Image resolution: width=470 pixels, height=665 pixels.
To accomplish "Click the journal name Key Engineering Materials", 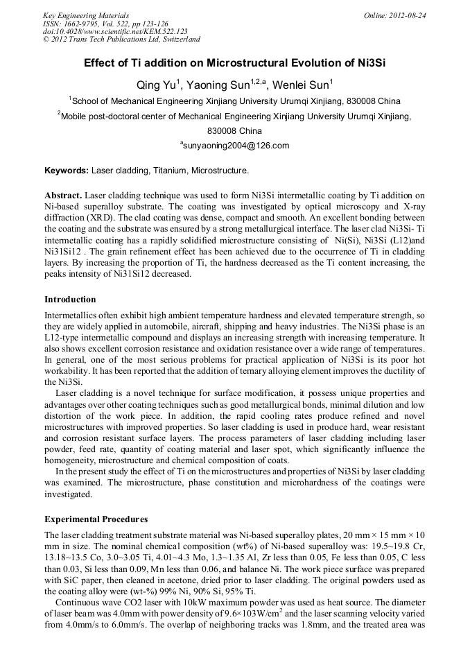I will click(x=86, y=15).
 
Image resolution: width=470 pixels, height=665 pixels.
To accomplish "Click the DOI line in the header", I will click(x=115, y=32).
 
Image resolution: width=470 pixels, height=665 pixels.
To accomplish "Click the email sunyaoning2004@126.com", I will click(x=235, y=146).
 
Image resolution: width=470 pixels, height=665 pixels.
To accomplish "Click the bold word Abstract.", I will click(x=64, y=196).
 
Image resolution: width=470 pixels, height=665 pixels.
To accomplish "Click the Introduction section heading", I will click(x=70, y=300).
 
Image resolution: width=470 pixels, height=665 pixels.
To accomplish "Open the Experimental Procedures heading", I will click(x=96, y=519).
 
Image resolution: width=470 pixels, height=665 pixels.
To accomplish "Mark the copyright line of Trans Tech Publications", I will click(x=122, y=40).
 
